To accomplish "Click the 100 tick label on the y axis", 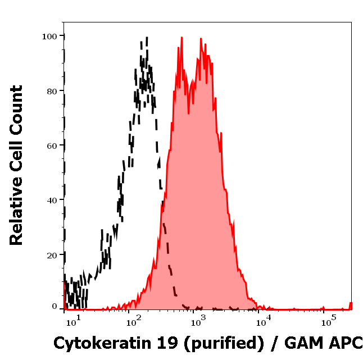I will (51, 36).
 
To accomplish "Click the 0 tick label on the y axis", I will (55, 307).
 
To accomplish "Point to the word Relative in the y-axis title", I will (16, 216).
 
